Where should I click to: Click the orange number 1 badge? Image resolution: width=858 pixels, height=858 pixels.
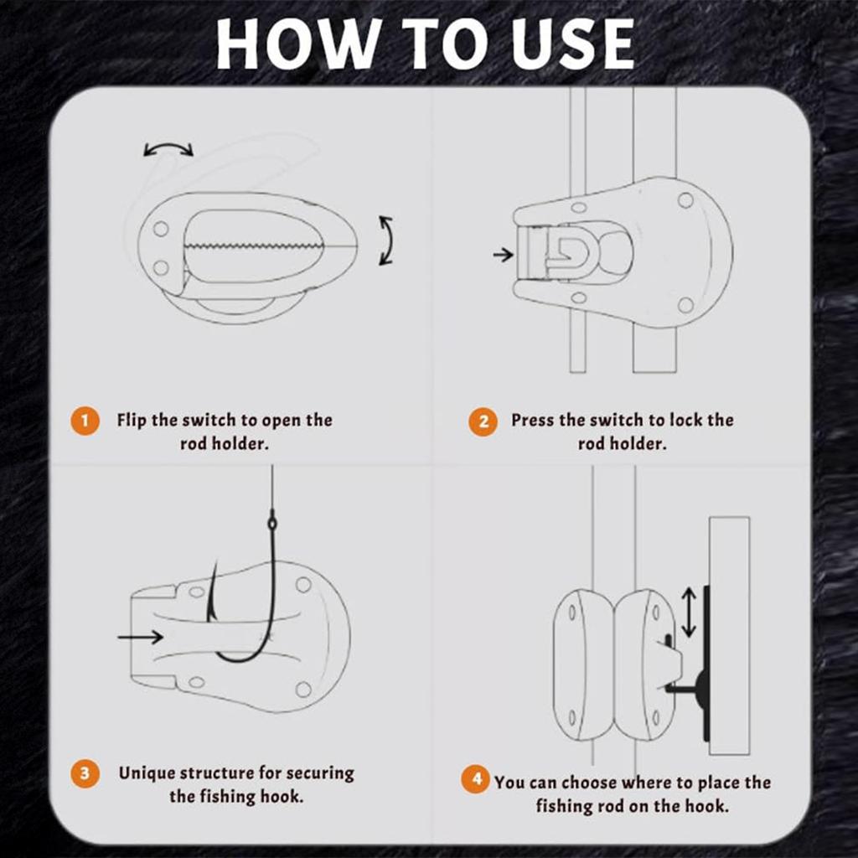pyautogui.click(x=85, y=421)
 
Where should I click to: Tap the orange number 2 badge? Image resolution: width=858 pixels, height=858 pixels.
pyautogui.click(x=483, y=422)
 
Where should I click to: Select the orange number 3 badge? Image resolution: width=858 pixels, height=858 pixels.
pyautogui.click(x=85, y=774)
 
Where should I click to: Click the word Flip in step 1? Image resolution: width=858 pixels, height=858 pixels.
pyautogui.click(x=132, y=421)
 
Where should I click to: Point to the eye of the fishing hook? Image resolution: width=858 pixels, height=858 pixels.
pyautogui.click(x=272, y=523)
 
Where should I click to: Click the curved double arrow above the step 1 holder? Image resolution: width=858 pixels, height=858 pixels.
pyautogui.click(x=168, y=147)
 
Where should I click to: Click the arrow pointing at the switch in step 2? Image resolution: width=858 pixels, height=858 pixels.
pyautogui.click(x=503, y=255)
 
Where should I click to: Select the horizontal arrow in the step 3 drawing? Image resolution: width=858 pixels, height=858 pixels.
pyautogui.click(x=141, y=637)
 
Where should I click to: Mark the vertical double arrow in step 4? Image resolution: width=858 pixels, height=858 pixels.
pyautogui.click(x=690, y=612)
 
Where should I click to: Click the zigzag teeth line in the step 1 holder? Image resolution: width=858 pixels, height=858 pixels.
pyautogui.click(x=253, y=246)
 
